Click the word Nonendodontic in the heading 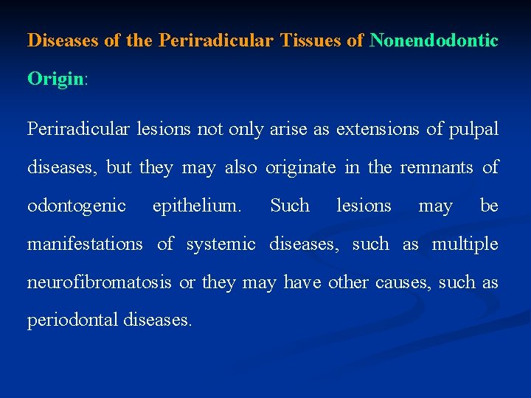[x=434, y=41]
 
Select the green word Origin [x=55, y=79]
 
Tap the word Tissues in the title [x=311, y=41]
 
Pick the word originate [x=302, y=167]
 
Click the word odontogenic [x=77, y=206]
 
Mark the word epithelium [x=197, y=206]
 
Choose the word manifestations [x=85, y=244]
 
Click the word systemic [x=221, y=244]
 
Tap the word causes [x=406, y=282]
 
